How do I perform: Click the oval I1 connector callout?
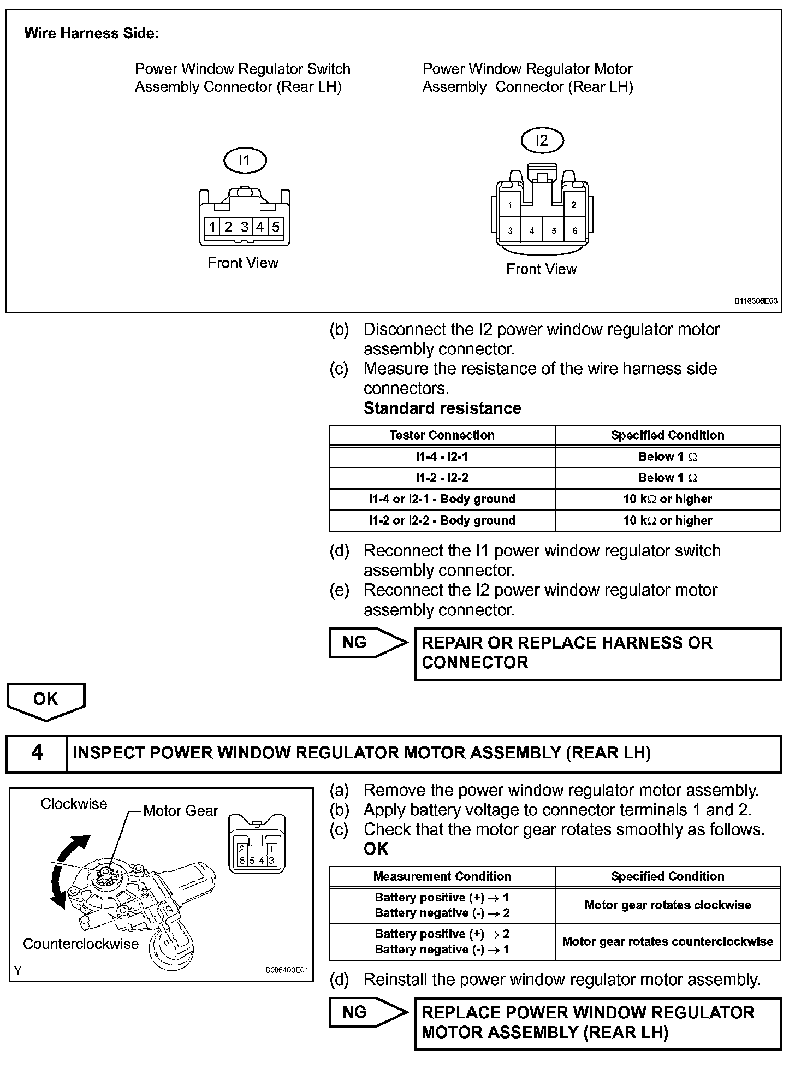tap(244, 161)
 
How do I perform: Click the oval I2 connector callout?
tap(541, 140)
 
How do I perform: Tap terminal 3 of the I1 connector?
tap(245, 227)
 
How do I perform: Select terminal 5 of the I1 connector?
tap(276, 227)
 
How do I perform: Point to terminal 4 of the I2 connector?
tap(532, 231)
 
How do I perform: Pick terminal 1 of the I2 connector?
tap(510, 205)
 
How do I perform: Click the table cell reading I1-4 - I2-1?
tap(442, 456)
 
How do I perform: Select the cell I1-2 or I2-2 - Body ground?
tap(442, 520)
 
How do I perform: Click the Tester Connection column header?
tap(442, 435)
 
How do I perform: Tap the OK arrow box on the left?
tap(46, 699)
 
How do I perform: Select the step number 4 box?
tap(37, 753)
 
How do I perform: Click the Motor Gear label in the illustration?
tap(180, 811)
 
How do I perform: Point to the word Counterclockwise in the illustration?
tap(81, 944)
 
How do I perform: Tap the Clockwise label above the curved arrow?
tap(74, 804)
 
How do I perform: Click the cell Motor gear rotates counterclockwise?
tap(667, 942)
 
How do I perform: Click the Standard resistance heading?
tap(442, 408)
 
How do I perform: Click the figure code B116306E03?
tap(756, 301)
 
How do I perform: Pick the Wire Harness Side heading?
tap(92, 33)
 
